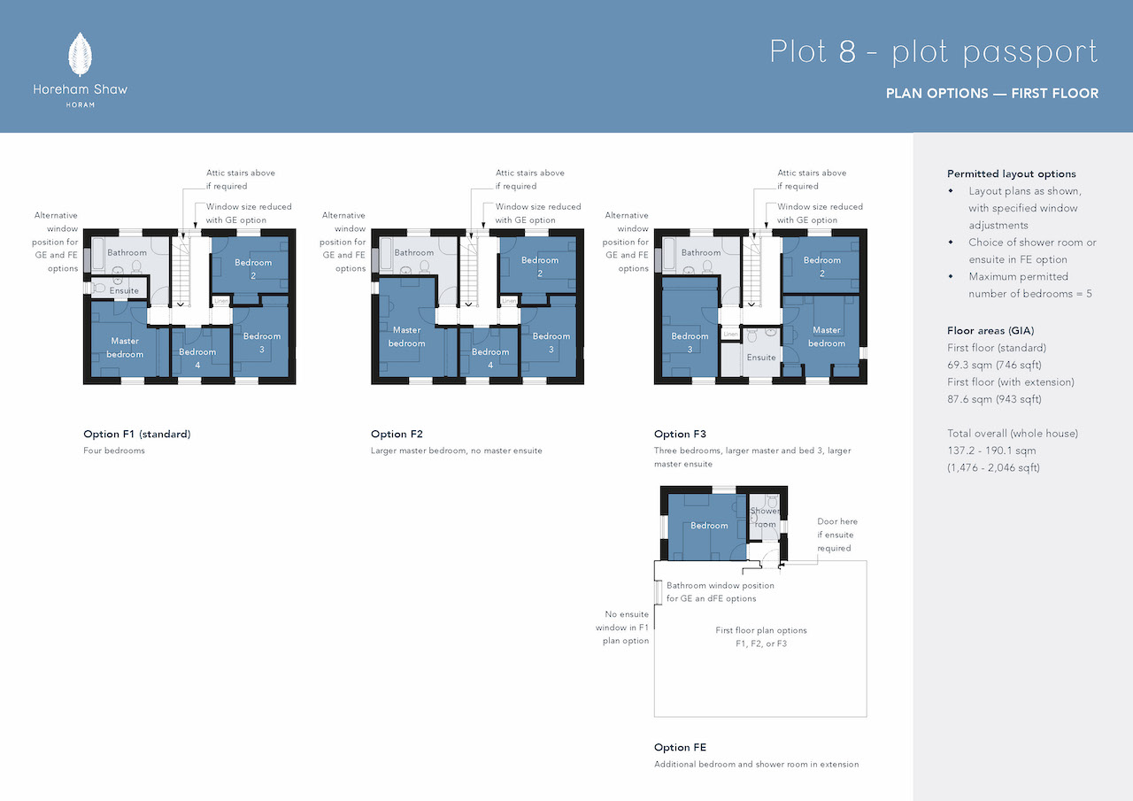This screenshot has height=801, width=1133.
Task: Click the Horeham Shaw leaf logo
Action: pos(80,55)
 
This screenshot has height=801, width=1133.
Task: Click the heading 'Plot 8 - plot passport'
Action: pos(933,52)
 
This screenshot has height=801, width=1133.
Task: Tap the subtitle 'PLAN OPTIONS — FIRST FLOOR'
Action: pos(992,94)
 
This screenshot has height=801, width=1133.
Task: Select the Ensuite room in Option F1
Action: pos(119,289)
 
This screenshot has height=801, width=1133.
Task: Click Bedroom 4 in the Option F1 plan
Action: pos(201,352)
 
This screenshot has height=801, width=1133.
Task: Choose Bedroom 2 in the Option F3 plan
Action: pos(821,265)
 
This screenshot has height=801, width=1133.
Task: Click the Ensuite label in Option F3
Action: pos(760,358)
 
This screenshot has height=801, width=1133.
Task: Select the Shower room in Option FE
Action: pos(764,517)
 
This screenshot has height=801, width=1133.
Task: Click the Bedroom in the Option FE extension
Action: pos(707,526)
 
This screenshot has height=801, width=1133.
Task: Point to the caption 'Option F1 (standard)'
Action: pos(137,434)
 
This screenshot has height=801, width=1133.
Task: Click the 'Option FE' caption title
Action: pos(680,747)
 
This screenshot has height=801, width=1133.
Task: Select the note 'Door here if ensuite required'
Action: pos(837,535)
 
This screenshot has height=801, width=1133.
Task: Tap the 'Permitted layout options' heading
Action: pos(1011,174)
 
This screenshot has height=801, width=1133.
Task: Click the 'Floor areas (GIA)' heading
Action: pos(990,331)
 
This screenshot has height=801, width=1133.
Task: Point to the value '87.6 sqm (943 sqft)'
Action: pos(994,399)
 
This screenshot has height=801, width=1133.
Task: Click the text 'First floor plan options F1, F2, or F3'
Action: pos(760,637)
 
